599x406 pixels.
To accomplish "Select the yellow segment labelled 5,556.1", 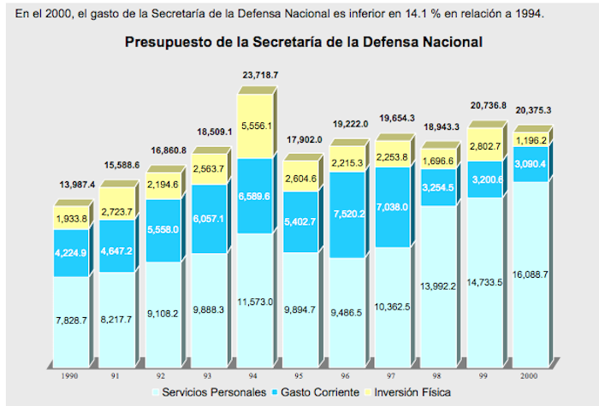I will [x=258, y=126].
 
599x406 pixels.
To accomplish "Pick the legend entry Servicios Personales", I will [x=206, y=391].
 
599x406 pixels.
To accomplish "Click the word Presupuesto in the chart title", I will [x=170, y=40].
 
